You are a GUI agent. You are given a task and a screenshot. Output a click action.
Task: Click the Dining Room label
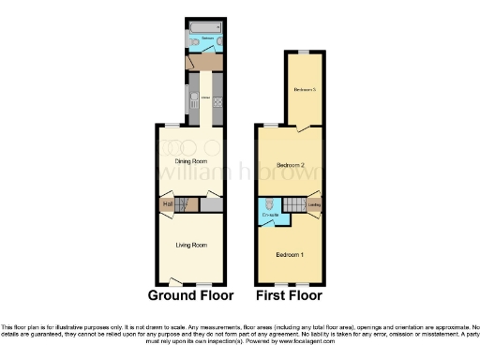(x=190, y=160)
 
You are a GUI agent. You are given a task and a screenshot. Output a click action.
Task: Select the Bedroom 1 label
(x=289, y=255)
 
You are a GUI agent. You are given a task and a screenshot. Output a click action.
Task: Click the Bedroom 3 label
(x=304, y=90)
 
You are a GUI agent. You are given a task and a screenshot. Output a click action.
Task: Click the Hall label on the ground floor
(x=168, y=203)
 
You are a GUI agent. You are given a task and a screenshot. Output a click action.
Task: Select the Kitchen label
(x=204, y=97)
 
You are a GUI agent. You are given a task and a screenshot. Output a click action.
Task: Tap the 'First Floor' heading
(x=289, y=294)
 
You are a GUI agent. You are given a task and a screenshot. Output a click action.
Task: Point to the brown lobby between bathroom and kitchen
(x=203, y=62)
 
